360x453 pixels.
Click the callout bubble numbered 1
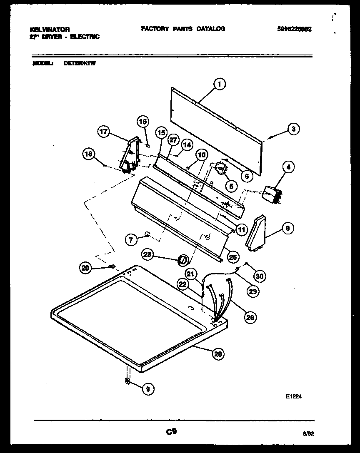point(219,85)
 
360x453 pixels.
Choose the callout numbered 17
point(104,132)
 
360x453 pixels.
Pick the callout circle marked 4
point(288,167)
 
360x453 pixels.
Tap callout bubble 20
point(85,269)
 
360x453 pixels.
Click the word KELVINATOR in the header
point(50,30)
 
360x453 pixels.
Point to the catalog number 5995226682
point(294,29)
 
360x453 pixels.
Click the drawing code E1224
point(293,397)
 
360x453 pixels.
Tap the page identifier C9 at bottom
point(171,432)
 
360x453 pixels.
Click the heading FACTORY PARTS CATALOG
point(183,29)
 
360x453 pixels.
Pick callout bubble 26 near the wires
point(250,318)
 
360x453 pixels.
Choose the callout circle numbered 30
point(260,275)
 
